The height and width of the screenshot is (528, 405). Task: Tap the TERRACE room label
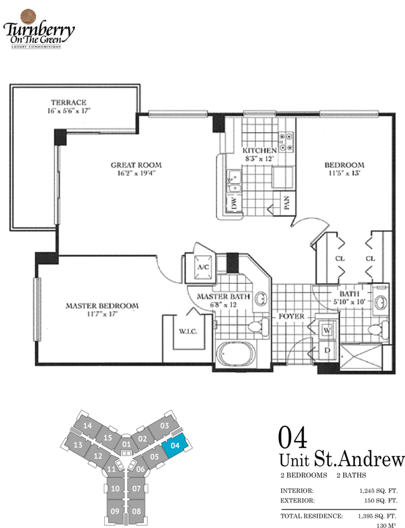[x=69, y=102]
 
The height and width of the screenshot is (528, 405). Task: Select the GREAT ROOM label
[x=136, y=165]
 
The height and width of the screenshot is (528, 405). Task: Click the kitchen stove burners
[x=286, y=142]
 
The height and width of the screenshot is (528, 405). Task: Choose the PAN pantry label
[x=287, y=203]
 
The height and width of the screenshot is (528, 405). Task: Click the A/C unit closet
[x=203, y=267]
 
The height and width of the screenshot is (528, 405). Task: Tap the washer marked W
[x=327, y=330]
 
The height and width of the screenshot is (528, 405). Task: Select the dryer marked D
[x=327, y=350]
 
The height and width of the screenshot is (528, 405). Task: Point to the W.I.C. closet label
[x=188, y=332]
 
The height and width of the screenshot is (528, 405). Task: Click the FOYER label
[x=291, y=316]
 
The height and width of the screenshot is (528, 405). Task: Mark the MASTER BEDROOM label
[x=102, y=306]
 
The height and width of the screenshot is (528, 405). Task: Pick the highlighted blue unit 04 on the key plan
[x=174, y=445]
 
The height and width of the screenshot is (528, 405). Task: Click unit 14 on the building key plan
[x=87, y=426]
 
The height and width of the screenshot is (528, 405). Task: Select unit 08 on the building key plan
[x=136, y=511]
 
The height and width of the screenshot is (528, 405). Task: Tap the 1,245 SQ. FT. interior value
[x=378, y=491]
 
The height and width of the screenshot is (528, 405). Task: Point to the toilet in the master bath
[x=258, y=326]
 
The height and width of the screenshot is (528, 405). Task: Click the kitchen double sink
[x=234, y=181]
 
